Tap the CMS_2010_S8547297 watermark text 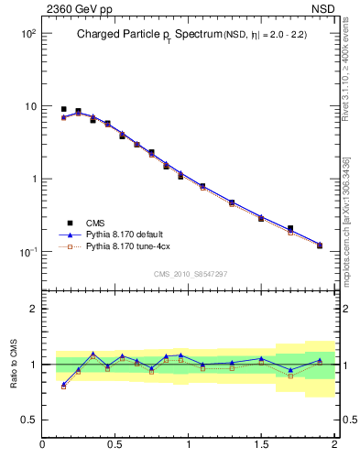click(x=190, y=274)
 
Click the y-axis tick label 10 click(x=28, y=106)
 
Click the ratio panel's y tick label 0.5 click(x=28, y=420)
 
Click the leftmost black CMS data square click(x=64, y=109)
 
